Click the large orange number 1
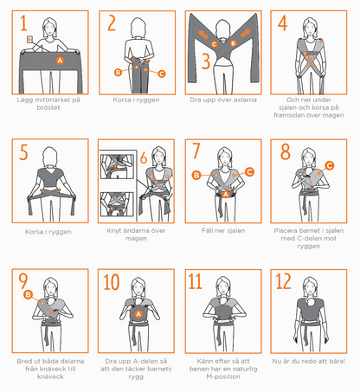pos(23,23)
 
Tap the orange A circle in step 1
pos(60,61)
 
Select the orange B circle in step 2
pos(118,72)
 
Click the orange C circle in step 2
pos(162,74)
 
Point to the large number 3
pos(206,61)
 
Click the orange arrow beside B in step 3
pos(245,33)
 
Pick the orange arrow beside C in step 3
pos(203,35)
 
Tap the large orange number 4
pos(283,23)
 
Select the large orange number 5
pos(23,152)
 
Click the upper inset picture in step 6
pos(117,166)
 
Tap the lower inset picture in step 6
pos(117,204)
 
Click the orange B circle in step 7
pos(196,175)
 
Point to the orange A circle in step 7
pos(226,194)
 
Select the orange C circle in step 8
pos(330,165)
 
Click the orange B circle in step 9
pos(28,294)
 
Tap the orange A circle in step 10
pos(138,314)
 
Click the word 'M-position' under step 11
pos(223,376)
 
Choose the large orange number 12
pos(283,281)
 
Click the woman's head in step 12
pos(311,286)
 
